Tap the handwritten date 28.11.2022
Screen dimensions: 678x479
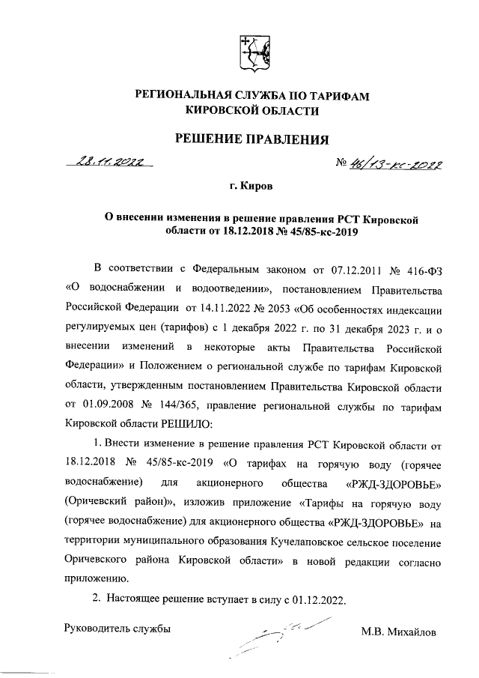109,160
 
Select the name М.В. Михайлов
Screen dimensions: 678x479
397,632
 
